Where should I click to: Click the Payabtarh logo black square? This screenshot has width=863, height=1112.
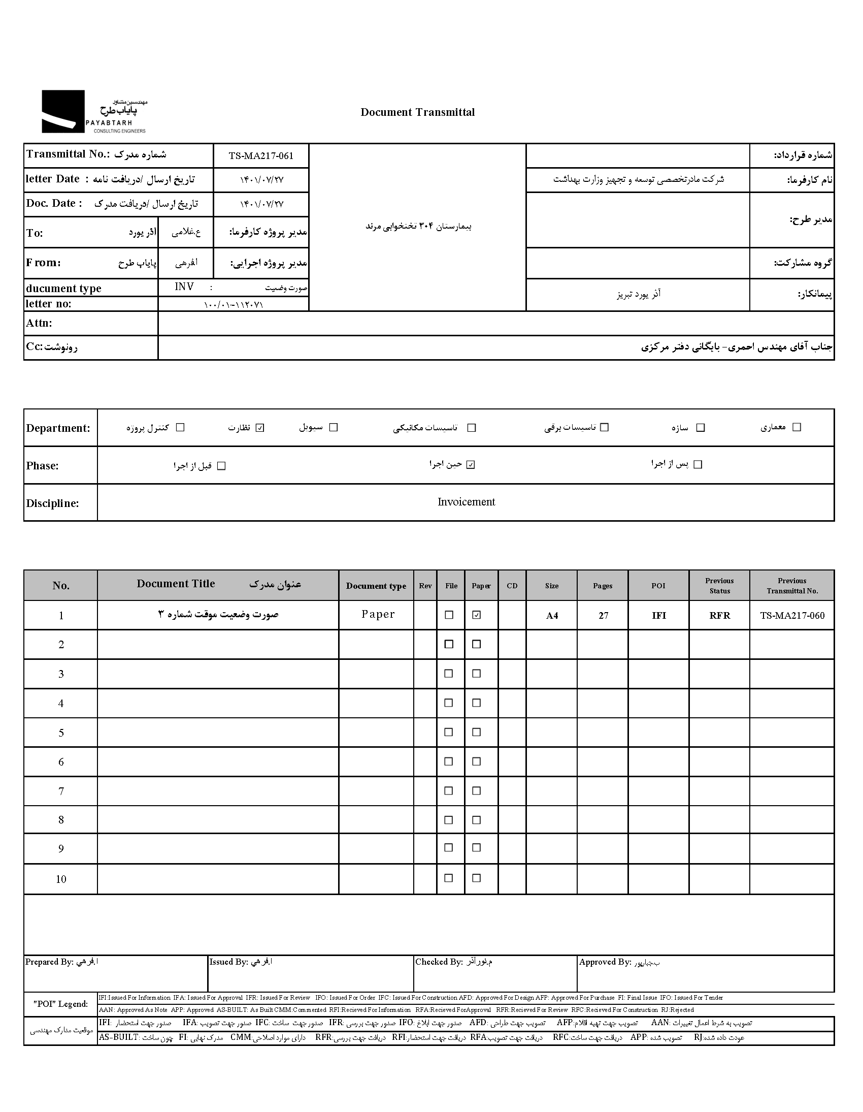(x=63, y=112)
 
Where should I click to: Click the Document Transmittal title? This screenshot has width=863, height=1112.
(x=417, y=113)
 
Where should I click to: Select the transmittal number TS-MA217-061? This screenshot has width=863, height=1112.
(x=261, y=156)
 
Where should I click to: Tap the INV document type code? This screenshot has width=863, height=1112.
(x=184, y=287)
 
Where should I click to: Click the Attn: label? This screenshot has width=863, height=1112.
(x=39, y=323)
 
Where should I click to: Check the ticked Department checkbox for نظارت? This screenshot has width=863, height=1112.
(x=260, y=428)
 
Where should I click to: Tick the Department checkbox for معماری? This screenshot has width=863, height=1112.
(x=797, y=427)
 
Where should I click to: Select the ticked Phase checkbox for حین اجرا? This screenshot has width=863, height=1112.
(x=471, y=464)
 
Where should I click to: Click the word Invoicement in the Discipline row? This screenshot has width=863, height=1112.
(x=466, y=502)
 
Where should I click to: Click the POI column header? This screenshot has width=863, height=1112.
(x=658, y=586)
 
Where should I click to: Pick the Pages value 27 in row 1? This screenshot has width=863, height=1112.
(x=603, y=616)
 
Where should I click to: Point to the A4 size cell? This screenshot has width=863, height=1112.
(x=552, y=616)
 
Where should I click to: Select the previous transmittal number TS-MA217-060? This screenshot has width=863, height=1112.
(x=792, y=616)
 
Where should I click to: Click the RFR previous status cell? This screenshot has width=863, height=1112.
(x=719, y=616)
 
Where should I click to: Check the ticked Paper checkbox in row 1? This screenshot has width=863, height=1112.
(x=476, y=615)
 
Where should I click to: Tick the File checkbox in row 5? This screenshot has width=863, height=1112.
(x=449, y=732)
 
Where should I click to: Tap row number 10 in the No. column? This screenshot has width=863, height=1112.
(x=61, y=879)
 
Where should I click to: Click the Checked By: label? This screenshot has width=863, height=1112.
(x=439, y=962)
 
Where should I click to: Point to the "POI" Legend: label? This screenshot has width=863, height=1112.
(x=60, y=1004)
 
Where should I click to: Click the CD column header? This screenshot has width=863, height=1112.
(x=512, y=586)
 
